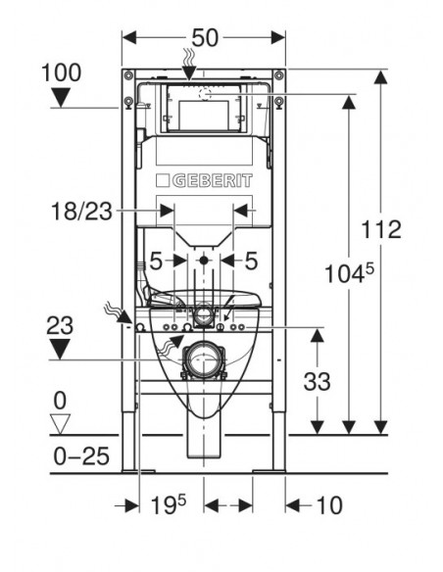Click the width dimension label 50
[x=205, y=37]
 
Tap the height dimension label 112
[x=381, y=229]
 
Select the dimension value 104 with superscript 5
[x=349, y=273]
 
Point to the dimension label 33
[x=318, y=382]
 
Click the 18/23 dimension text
[x=81, y=211]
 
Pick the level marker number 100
[x=61, y=72]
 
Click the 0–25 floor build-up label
[x=81, y=456]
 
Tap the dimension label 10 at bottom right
[x=329, y=505]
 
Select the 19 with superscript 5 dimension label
[x=168, y=504]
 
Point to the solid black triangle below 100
[x=61, y=98]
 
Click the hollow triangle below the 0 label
[x=60, y=423]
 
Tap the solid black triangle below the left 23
[x=60, y=349]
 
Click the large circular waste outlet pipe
[x=204, y=360]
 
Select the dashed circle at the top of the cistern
[x=206, y=94]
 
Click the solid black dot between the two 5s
[x=204, y=261]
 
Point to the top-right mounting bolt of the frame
[x=279, y=75]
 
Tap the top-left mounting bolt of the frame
[x=128, y=75]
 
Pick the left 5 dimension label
[x=156, y=262]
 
